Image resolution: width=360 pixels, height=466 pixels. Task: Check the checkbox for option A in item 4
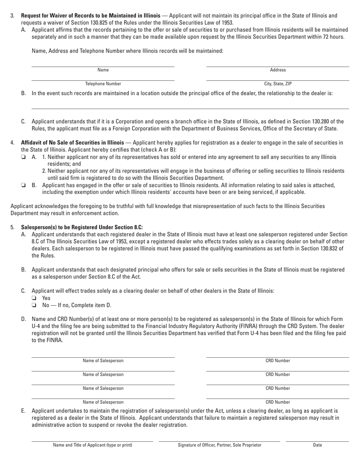[x=23, y=157]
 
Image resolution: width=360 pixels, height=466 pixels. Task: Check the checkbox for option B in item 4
[x=23, y=185]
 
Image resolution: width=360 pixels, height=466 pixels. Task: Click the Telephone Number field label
[x=103, y=84]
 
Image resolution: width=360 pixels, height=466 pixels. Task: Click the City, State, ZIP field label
[x=278, y=84]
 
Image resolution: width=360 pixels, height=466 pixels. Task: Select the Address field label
[x=278, y=70]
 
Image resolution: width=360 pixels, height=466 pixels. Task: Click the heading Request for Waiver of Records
[x=91, y=16]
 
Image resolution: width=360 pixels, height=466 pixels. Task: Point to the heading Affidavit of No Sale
[x=72, y=143]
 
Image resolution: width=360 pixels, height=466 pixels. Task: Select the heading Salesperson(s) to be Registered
[x=81, y=227]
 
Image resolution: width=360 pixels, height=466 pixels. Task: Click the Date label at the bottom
[x=317, y=445]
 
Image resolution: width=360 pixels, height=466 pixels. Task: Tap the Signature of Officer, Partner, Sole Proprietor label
[x=219, y=445]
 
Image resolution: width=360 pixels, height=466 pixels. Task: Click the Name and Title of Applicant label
[x=92, y=445]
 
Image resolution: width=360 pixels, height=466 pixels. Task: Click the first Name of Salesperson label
[x=103, y=361]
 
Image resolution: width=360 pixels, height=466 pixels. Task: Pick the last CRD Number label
[x=278, y=402]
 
